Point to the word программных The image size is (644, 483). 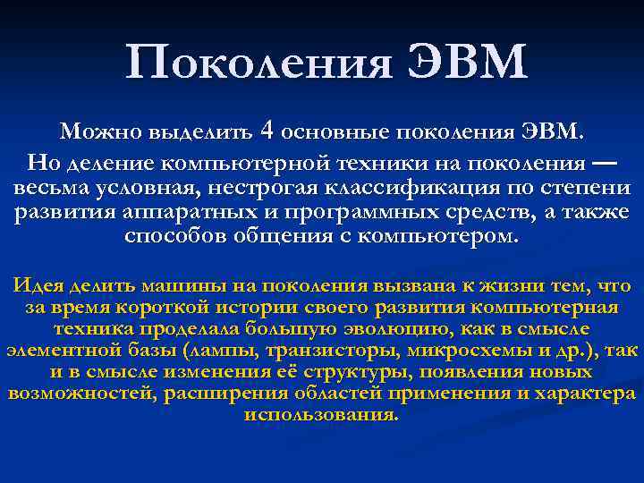point(331,214)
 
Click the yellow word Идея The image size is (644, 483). point(38,286)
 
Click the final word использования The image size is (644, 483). point(321,415)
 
